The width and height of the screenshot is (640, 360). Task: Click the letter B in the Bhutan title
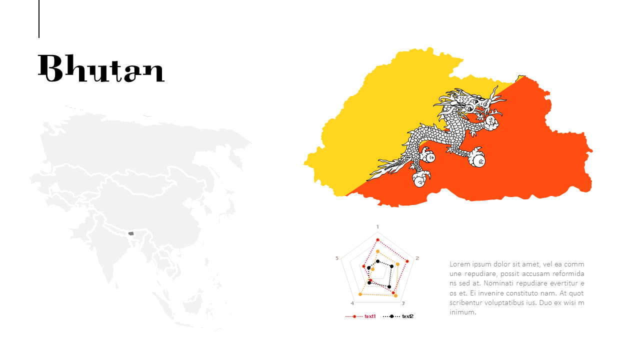50,68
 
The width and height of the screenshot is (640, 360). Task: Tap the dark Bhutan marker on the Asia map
131,233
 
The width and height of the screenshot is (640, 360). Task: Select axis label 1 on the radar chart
377,226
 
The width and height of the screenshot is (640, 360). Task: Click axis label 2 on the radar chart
417,258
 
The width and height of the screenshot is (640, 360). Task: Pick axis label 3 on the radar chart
403,303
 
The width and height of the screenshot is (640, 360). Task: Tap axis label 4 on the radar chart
352,303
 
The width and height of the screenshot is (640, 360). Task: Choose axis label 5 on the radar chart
337,258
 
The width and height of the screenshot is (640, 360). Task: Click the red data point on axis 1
377,240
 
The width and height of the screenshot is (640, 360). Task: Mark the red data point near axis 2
407,261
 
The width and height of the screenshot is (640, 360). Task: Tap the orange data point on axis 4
360,294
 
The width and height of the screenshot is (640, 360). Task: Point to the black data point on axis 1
377,261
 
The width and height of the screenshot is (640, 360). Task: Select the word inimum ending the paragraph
463,312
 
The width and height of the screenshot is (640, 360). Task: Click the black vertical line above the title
39,19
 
